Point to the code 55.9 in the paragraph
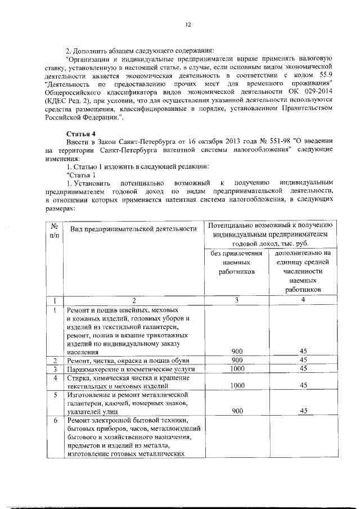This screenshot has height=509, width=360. (x=326, y=75)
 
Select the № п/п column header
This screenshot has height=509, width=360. (x=54, y=229)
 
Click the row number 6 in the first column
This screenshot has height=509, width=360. (x=55, y=421)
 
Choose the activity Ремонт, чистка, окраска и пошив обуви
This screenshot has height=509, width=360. (x=128, y=360)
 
